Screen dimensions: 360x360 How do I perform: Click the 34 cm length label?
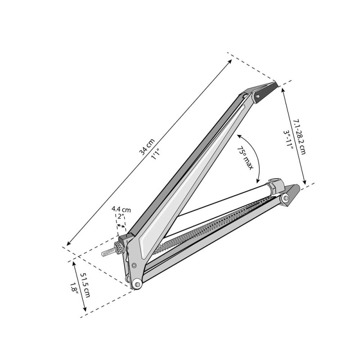click(x=147, y=148)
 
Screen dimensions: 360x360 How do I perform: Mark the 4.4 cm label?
click(x=121, y=209)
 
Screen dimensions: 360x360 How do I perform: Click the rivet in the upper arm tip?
click(x=258, y=96)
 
